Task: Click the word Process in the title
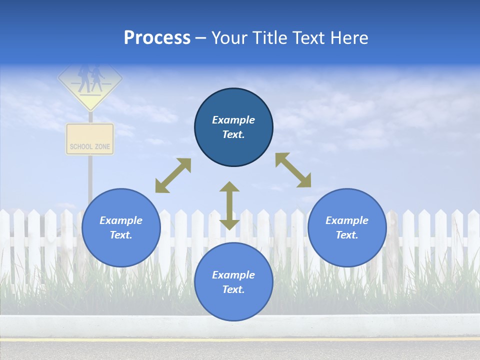157,38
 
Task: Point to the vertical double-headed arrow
229,205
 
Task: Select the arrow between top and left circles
173,175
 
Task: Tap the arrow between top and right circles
293,170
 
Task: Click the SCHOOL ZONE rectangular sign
90,139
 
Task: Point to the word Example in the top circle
233,120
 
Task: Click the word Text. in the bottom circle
233,289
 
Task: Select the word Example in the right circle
347,220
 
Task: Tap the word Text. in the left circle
121,235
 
